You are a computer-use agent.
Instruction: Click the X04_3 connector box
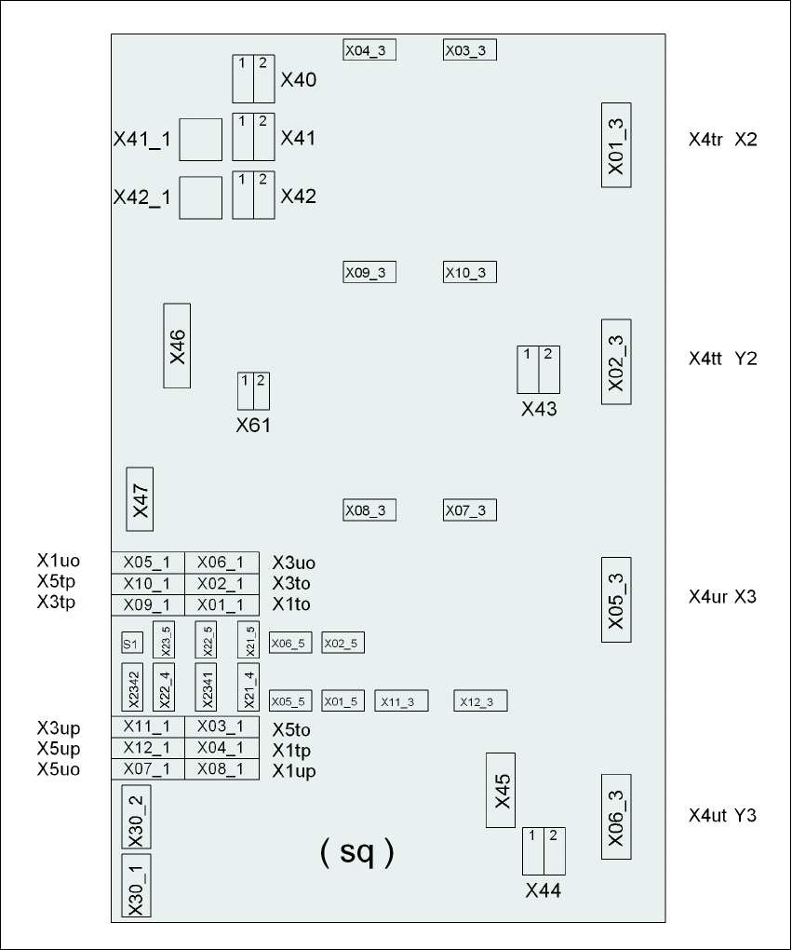(x=369, y=50)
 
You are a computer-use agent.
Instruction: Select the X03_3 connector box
(x=470, y=50)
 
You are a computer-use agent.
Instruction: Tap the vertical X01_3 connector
(x=616, y=145)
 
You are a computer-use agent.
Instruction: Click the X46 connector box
(x=177, y=346)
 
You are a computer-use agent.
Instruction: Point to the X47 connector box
(x=140, y=499)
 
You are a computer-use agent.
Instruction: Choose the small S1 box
(x=132, y=643)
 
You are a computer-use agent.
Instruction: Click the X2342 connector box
(x=132, y=687)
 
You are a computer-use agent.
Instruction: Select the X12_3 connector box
(x=481, y=701)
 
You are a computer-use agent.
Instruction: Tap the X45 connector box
(x=501, y=791)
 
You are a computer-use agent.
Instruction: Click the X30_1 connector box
(x=136, y=886)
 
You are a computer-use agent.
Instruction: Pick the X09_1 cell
(x=148, y=605)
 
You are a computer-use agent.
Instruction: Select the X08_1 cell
(x=222, y=769)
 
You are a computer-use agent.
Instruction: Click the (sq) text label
(x=357, y=851)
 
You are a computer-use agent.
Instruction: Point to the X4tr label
(x=705, y=140)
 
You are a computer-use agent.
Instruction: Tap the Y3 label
(x=745, y=816)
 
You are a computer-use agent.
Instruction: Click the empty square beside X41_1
(x=200, y=140)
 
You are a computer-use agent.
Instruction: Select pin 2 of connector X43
(x=549, y=370)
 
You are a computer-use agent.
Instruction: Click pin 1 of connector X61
(x=245, y=391)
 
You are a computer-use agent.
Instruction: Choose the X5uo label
(x=59, y=769)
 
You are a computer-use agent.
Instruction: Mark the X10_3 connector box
(x=470, y=273)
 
